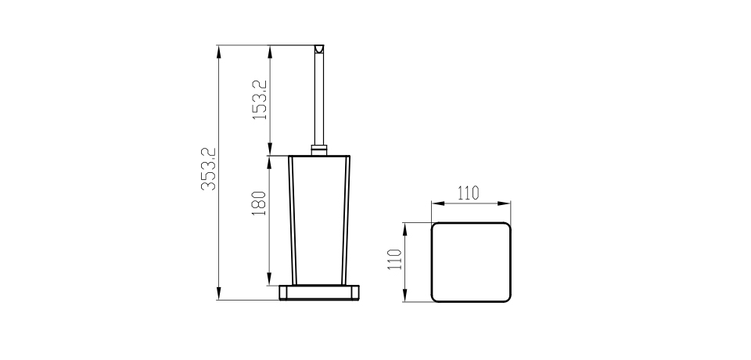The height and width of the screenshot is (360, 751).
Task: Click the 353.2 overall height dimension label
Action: (209, 169)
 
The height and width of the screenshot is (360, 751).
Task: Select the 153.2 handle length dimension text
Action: (260, 100)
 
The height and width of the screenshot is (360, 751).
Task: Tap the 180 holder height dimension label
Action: (259, 203)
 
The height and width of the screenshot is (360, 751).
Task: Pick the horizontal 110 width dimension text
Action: (468, 193)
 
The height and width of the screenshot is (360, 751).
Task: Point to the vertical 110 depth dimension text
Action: (394, 259)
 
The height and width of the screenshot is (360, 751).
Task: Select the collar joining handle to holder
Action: (319, 150)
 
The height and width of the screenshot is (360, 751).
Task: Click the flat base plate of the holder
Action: (319, 293)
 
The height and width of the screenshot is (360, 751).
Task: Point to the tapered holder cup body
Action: (319, 220)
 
